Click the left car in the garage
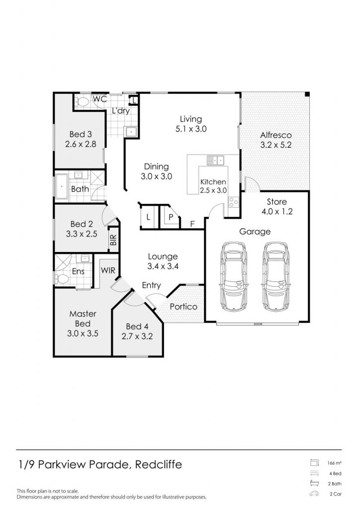[x=233, y=276]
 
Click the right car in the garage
[x=276, y=276]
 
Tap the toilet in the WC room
[x=83, y=102]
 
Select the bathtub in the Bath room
[x=62, y=187]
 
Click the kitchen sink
[x=215, y=160]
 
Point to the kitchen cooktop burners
[x=234, y=202]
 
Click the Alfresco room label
[x=276, y=135]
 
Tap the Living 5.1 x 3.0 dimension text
[x=191, y=129]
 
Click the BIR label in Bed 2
[x=113, y=240]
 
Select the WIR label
[x=108, y=270]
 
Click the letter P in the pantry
[x=171, y=217]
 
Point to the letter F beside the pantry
[x=192, y=224]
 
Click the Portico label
[x=183, y=307]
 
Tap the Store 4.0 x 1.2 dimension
[x=277, y=212]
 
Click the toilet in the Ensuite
[x=62, y=278]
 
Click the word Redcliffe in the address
[x=159, y=465]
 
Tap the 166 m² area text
[x=334, y=463]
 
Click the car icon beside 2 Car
[x=314, y=494]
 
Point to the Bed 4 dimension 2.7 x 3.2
[x=137, y=337]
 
